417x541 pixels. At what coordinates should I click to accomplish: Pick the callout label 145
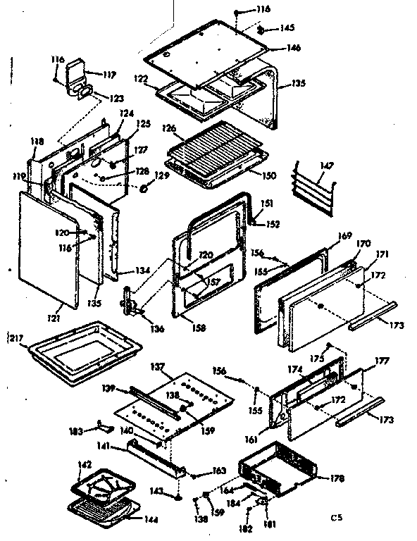click(287, 28)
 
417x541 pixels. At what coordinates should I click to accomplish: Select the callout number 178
click(336, 479)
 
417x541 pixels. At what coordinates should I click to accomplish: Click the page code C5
click(338, 519)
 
